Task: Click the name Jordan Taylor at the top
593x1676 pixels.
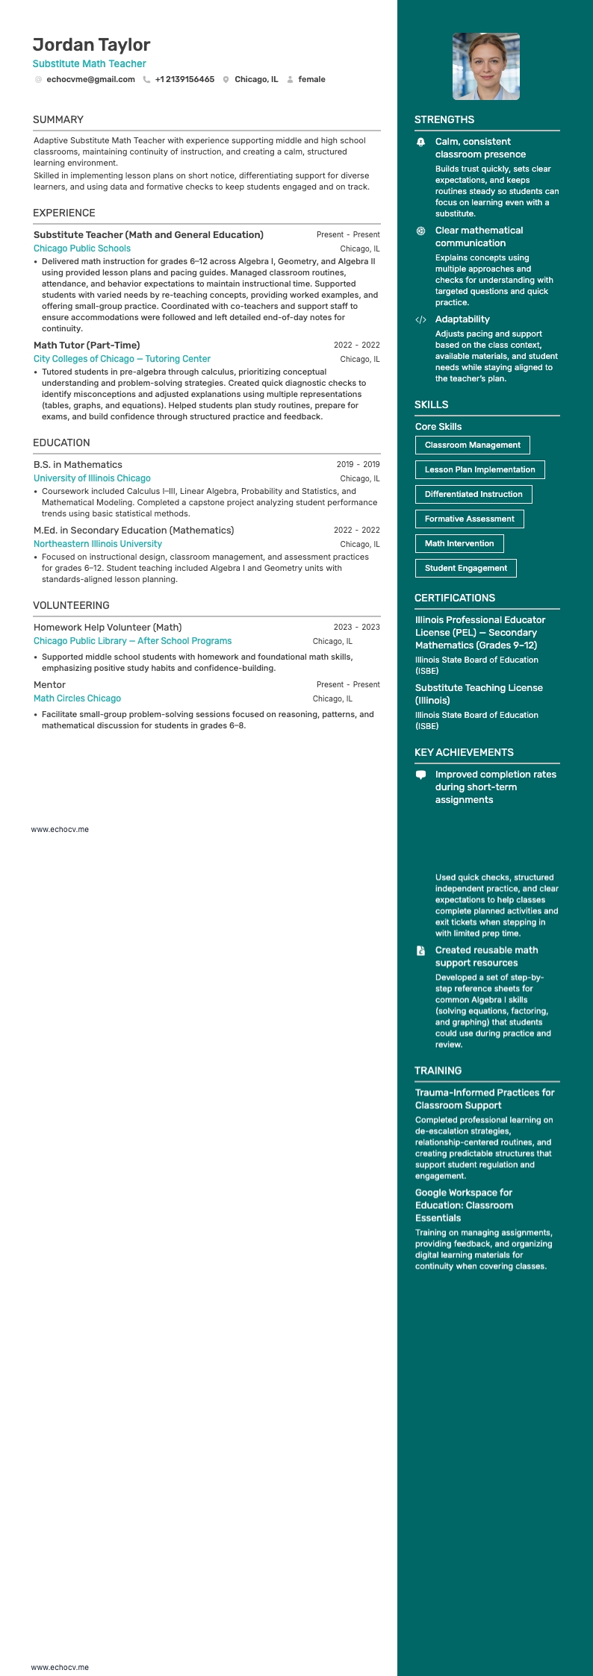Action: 91,45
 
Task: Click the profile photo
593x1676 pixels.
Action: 486,66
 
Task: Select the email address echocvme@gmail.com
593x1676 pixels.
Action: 90,79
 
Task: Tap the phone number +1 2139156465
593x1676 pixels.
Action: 184,79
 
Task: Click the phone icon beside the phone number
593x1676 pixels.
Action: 146,79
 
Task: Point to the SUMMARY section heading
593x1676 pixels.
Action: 58,119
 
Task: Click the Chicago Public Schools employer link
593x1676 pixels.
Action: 82,248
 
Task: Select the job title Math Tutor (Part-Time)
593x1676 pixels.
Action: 87,345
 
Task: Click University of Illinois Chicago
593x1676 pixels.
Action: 92,478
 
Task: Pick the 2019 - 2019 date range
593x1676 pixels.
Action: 358,464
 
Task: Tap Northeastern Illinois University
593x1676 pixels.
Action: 98,544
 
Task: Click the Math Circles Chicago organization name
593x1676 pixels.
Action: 77,698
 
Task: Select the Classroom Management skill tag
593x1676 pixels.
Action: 472,445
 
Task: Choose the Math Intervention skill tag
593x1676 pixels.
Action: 459,543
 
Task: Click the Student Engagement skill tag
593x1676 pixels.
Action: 465,568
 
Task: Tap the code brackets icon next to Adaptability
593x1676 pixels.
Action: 420,319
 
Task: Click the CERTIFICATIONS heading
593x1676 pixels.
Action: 455,598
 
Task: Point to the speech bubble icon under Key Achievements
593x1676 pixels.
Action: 420,775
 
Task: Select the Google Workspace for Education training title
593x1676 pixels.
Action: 464,1205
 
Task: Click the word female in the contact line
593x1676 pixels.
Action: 311,79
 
